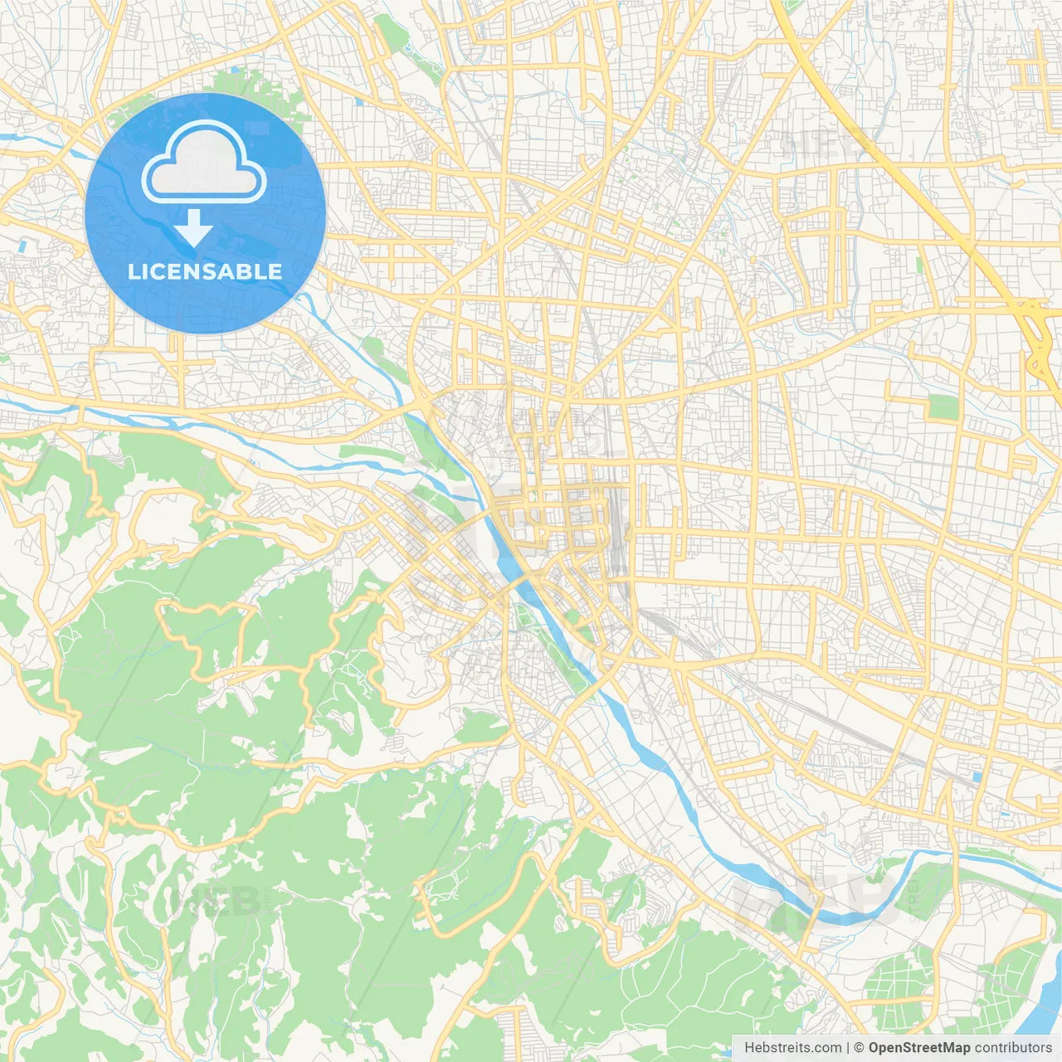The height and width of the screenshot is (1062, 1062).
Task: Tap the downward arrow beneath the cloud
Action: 193,228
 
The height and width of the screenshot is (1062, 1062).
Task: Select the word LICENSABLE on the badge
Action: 205,271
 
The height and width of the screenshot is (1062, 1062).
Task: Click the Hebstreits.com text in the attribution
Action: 793,1048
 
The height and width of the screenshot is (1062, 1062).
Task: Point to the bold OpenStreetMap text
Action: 918,1048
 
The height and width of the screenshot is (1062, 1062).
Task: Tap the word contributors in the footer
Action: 1013,1048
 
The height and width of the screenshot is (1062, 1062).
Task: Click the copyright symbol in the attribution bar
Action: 860,1048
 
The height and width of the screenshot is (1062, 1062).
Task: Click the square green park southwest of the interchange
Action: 943,407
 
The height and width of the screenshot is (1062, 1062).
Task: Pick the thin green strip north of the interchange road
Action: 919,265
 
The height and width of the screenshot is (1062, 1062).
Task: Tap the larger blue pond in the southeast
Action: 976,777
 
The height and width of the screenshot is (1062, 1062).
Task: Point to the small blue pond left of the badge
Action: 22,246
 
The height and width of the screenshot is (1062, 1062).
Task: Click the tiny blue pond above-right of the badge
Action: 358,102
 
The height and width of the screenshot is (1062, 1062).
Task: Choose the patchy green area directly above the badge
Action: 241,85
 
